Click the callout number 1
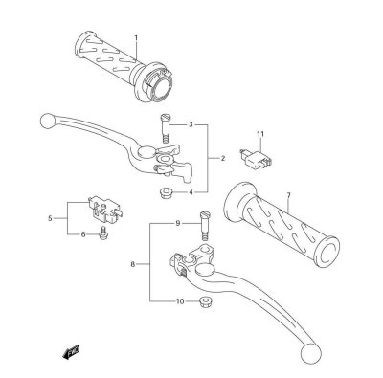tap(136, 38)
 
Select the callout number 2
tap(222, 159)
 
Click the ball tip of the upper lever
tap(45, 122)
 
